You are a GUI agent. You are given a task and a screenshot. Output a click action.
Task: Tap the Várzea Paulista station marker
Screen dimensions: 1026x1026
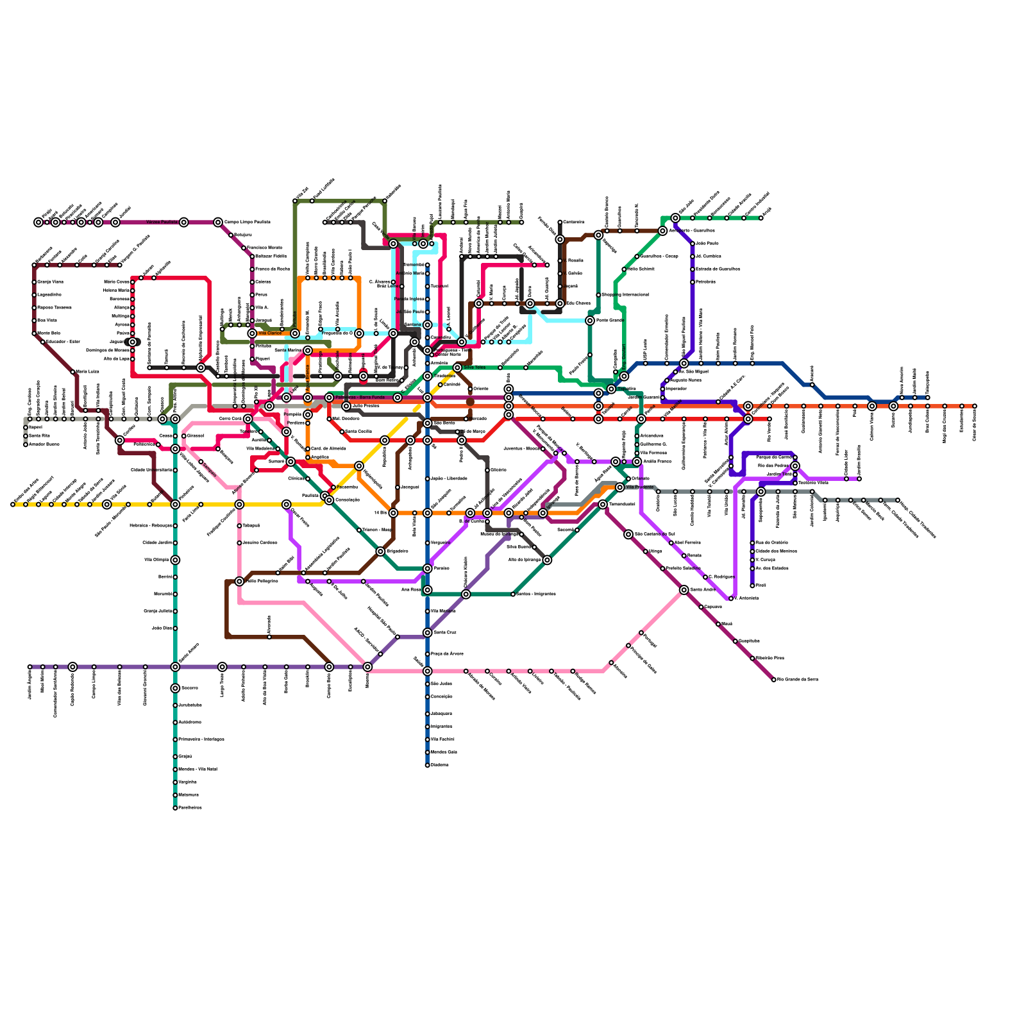184,222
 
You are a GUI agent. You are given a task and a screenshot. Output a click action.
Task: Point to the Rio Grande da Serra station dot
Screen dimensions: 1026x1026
774,679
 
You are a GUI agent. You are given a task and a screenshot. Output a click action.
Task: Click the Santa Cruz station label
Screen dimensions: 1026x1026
444,632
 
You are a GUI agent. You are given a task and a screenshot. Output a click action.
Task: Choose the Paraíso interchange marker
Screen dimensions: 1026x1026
428,569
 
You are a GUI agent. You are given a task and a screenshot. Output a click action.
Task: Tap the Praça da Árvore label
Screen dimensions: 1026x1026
447,653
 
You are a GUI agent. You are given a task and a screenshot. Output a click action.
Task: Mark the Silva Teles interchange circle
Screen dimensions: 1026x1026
457,367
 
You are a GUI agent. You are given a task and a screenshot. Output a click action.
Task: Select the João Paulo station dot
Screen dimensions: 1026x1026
693,243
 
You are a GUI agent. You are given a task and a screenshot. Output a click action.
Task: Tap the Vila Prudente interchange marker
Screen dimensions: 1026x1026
620,487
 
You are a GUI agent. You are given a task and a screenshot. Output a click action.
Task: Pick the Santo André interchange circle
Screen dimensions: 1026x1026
684,589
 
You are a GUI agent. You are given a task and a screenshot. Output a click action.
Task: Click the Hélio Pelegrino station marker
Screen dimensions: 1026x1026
239,581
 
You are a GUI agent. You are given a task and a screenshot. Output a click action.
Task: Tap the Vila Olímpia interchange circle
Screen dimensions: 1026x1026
175,560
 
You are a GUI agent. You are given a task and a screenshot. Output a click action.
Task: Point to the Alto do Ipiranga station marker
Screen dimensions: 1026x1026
547,560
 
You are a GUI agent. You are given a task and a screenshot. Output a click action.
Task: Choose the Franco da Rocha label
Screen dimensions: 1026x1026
272,269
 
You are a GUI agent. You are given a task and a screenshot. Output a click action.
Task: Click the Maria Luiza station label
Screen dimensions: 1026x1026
87,371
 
